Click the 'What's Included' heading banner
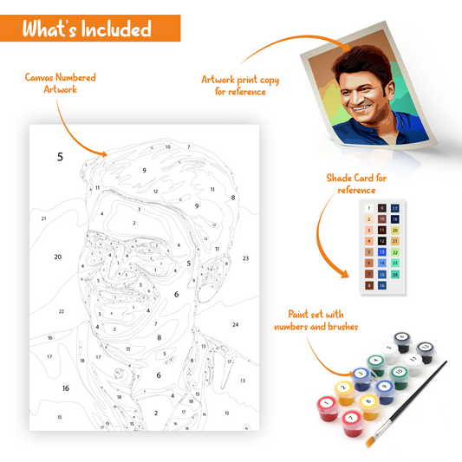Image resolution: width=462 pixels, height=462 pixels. [87, 29]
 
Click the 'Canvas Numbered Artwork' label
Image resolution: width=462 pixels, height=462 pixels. [60, 83]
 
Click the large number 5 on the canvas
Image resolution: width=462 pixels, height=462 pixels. [60, 157]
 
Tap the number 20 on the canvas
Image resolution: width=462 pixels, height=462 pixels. [58, 257]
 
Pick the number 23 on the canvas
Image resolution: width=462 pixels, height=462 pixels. [245, 258]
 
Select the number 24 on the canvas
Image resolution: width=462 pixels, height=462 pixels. [235, 324]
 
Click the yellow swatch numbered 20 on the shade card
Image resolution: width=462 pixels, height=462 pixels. [395, 231]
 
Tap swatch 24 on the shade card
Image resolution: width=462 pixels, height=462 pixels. [395, 274]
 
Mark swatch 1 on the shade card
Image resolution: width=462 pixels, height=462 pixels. [369, 209]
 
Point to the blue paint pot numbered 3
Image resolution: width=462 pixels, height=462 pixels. [360, 374]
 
